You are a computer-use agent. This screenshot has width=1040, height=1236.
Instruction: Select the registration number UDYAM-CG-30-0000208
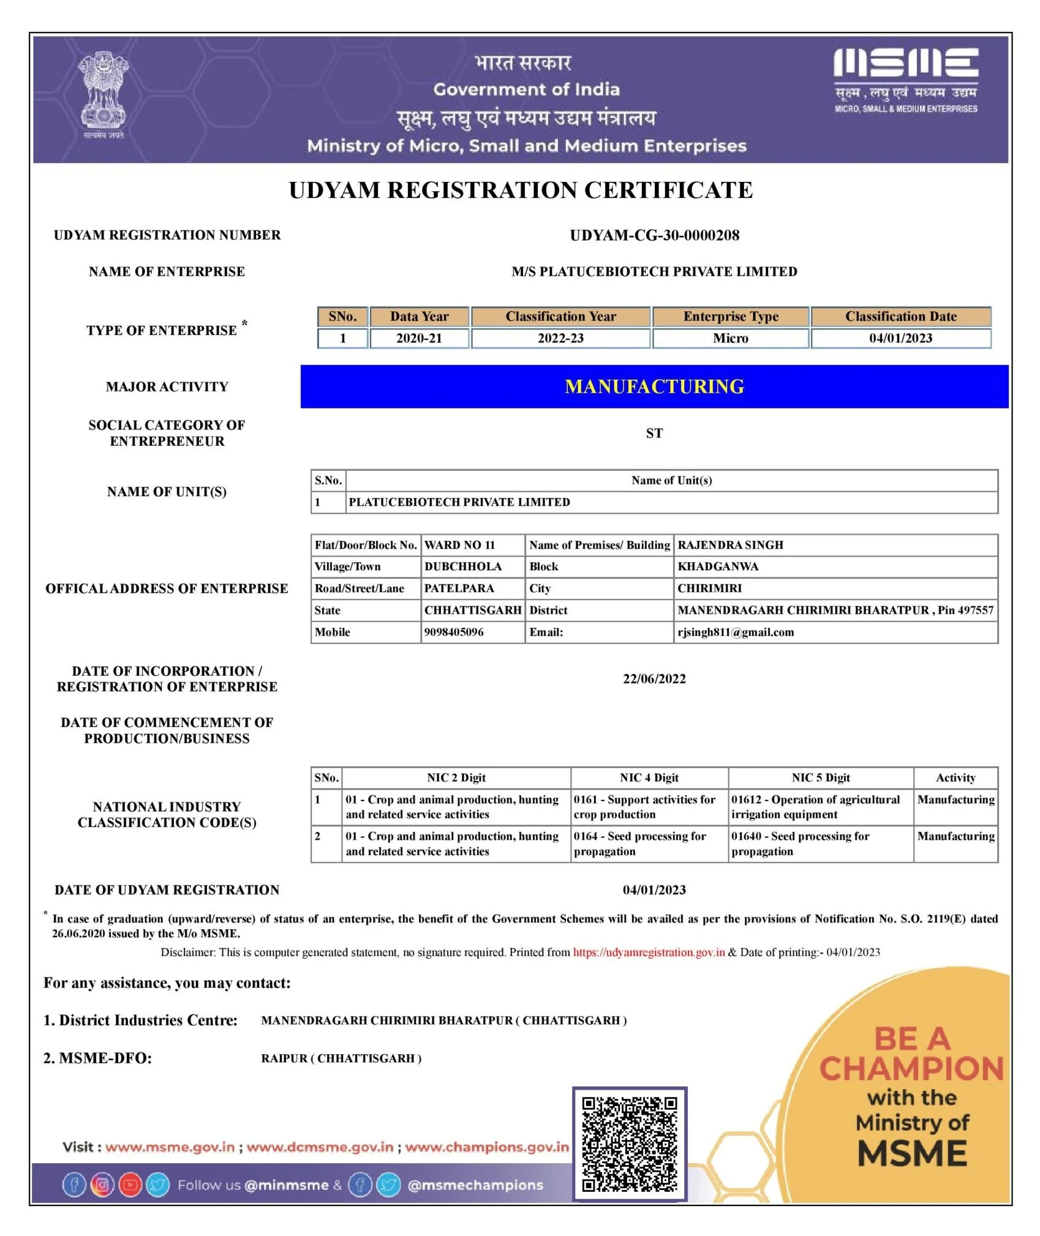click(654, 235)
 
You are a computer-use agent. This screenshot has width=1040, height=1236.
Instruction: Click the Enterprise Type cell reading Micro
click(730, 338)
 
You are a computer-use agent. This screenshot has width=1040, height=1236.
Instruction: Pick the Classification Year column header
click(560, 317)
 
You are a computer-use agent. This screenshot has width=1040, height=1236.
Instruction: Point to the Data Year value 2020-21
click(419, 338)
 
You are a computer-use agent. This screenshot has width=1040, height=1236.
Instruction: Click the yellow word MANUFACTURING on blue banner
click(654, 386)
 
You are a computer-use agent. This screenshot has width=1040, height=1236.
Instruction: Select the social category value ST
click(654, 434)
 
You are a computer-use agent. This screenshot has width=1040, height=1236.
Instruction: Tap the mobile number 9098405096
click(454, 632)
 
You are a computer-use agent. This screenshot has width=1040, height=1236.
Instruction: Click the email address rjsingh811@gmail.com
click(735, 632)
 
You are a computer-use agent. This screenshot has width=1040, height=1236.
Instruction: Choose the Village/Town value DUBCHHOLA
click(462, 567)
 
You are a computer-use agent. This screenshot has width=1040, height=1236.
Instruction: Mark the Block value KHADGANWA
click(718, 567)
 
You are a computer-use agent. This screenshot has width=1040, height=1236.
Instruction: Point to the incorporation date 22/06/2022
click(654, 679)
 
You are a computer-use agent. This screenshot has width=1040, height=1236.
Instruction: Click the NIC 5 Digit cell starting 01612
click(815, 807)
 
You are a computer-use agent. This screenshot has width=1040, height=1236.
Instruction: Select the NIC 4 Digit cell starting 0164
click(639, 843)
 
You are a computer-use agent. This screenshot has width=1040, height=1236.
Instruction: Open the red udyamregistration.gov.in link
click(649, 952)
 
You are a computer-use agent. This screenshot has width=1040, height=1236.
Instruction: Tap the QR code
click(629, 1144)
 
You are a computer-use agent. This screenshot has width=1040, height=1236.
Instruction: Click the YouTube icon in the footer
click(130, 1185)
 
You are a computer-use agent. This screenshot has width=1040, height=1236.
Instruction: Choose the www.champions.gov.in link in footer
click(487, 1147)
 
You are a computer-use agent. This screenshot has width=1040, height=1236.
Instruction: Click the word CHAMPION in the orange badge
click(911, 1069)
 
